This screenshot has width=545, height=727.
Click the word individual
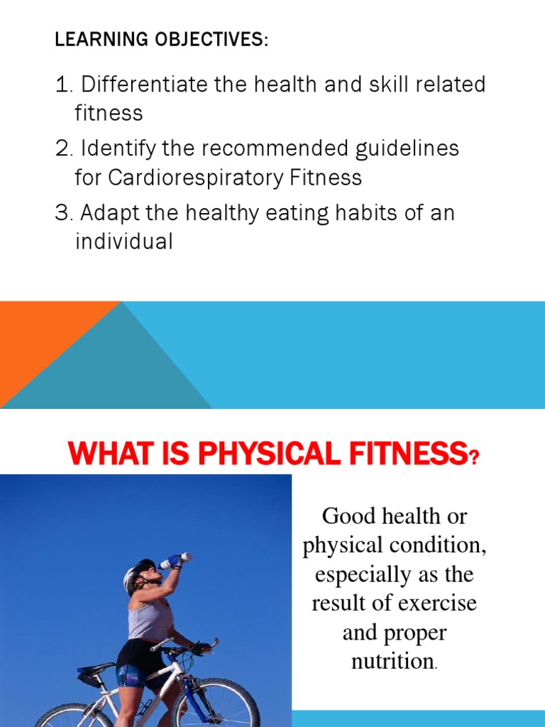click(123, 241)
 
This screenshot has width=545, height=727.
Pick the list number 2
click(62, 149)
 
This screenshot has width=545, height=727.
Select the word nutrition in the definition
click(392, 661)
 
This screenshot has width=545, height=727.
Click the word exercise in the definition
click(437, 603)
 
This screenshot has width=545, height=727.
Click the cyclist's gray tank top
click(150, 618)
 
